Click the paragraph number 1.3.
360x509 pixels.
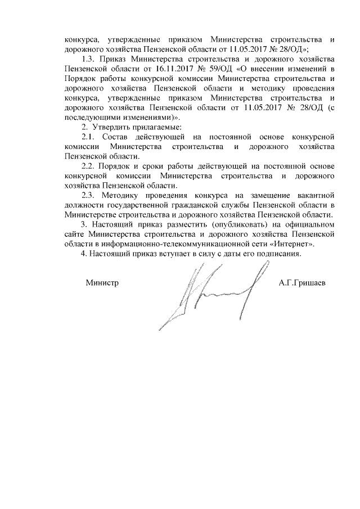(x=90, y=59)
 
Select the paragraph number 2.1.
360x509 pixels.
(x=90, y=137)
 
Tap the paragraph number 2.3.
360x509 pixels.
(x=90, y=195)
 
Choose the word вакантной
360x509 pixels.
(x=316, y=195)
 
